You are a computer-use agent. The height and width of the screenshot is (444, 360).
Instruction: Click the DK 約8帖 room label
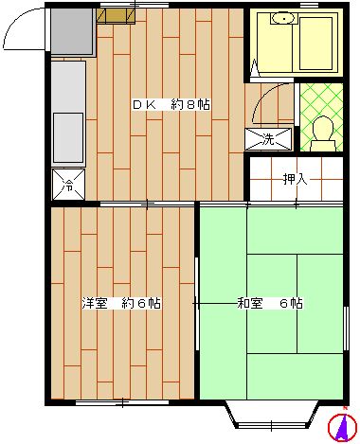click(x=171, y=104)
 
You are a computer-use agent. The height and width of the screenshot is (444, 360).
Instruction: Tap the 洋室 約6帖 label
click(x=119, y=304)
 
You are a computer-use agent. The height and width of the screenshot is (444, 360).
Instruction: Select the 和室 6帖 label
click(x=270, y=304)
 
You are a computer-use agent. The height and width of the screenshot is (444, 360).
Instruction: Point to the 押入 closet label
click(x=295, y=179)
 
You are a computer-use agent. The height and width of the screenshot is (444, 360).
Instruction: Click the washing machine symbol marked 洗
click(x=262, y=138)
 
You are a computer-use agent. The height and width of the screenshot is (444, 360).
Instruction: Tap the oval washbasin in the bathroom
click(x=281, y=19)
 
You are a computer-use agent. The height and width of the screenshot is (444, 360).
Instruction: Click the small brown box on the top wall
click(x=110, y=15)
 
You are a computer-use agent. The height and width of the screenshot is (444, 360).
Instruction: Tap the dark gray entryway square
click(x=71, y=33)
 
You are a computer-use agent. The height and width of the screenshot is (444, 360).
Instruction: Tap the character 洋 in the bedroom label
click(x=86, y=304)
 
